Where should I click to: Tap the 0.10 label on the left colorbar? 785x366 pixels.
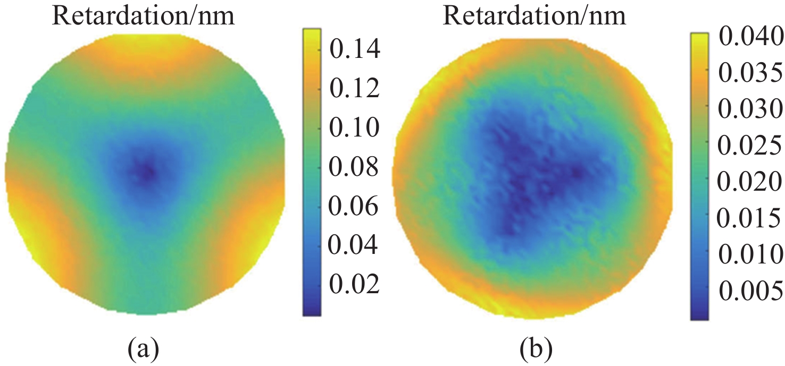354,128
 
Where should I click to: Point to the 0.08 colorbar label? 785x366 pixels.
354,167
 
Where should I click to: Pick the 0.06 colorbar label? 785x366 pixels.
354,207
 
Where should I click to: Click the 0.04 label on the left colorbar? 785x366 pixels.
354,245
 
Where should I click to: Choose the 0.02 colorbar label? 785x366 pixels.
354,284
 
